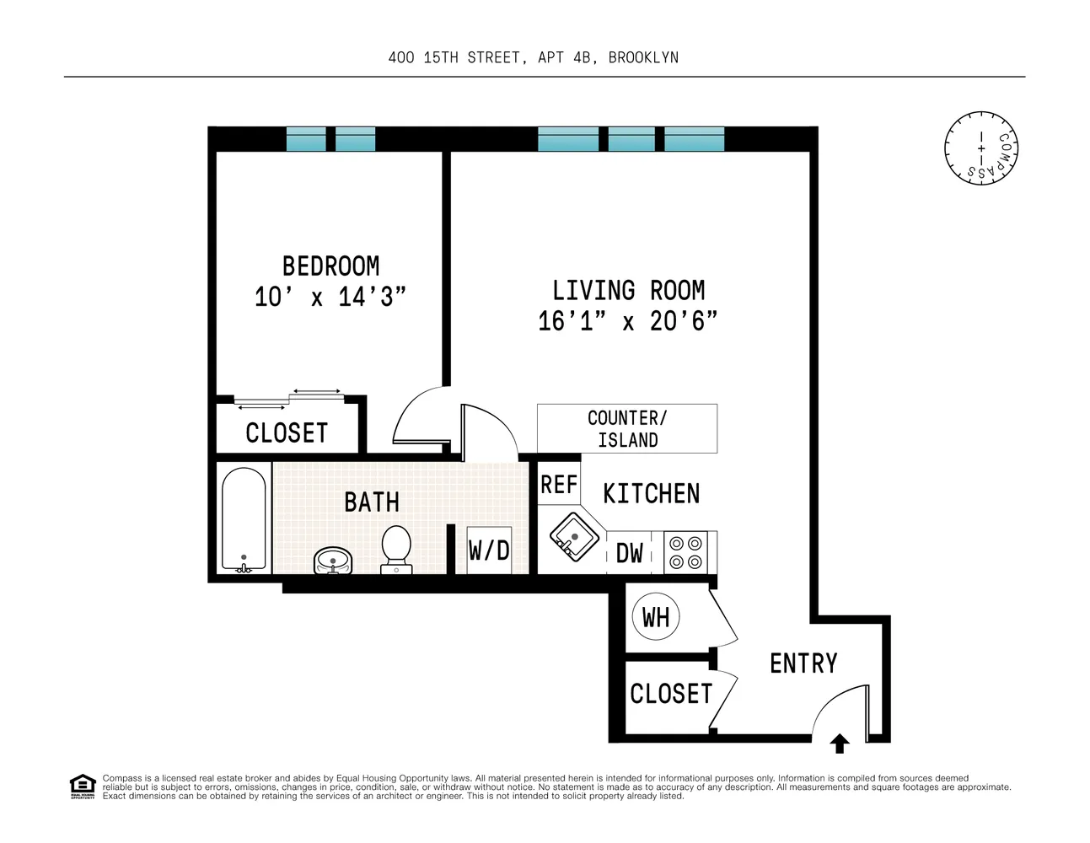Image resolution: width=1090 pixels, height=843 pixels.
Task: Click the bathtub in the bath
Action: pos(244,519)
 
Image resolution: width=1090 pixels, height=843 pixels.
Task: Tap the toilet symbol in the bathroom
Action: pos(396,549)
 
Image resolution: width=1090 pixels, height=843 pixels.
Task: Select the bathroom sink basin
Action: pos(333,561)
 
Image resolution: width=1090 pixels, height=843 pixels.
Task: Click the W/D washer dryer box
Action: pos(489,550)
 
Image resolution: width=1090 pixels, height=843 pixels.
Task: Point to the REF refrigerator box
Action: pos(558,485)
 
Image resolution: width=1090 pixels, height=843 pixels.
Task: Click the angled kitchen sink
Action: pos(573,536)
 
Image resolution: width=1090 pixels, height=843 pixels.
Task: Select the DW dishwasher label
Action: pos(630,553)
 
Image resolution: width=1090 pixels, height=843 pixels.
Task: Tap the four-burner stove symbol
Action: pos(685,552)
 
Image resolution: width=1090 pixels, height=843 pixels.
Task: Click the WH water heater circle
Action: pos(656,617)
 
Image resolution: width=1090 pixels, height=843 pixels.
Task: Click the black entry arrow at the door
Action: pos(840,744)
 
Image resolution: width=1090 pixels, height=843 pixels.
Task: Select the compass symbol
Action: pos(981,148)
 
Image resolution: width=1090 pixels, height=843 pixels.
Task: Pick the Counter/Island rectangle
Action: pos(627,429)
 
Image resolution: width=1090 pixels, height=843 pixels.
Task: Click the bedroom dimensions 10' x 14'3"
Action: pos(330,297)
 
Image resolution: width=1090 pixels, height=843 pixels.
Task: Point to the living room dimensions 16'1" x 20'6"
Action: pos(628,321)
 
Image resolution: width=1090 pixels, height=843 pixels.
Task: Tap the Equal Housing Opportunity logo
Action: pos(82,786)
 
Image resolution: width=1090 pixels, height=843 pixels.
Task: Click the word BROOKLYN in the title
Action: pos(643,57)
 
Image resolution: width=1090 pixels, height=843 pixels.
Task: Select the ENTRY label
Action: pos(803,663)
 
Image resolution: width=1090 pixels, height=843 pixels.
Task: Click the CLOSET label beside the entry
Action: pos(671,694)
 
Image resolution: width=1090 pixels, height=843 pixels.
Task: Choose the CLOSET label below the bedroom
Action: pos(287,433)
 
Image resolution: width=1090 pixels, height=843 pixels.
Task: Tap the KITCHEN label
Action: pos(651,493)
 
